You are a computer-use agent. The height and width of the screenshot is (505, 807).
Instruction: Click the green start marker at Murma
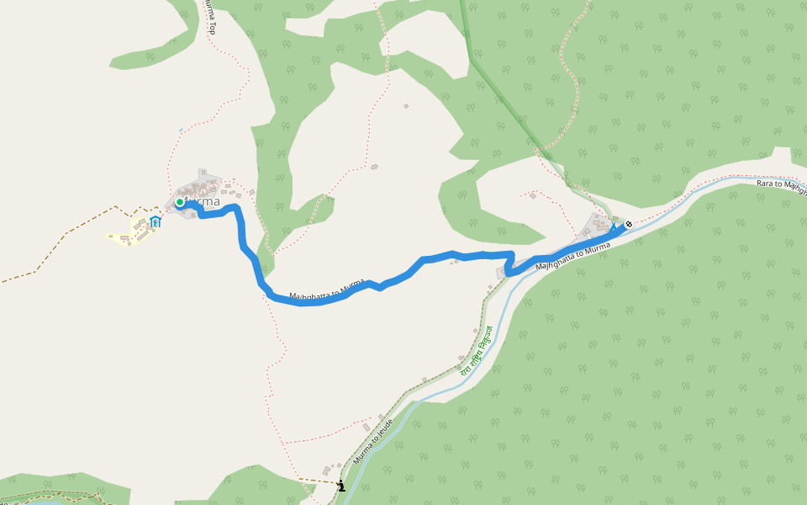pos(180,202)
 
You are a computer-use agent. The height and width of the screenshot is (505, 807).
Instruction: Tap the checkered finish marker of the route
pos(629,224)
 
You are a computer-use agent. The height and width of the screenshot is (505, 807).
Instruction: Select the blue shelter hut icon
pos(155,222)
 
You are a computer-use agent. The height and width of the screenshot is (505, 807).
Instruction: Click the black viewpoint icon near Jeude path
pos(340,486)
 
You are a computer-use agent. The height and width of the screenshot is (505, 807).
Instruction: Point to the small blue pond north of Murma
pos(180,130)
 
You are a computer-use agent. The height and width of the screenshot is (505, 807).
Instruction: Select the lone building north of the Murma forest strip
pos(405,106)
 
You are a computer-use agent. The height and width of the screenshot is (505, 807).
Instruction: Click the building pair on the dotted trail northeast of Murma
pos(374,167)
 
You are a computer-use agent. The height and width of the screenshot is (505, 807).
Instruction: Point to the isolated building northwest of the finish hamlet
pos(532,197)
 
